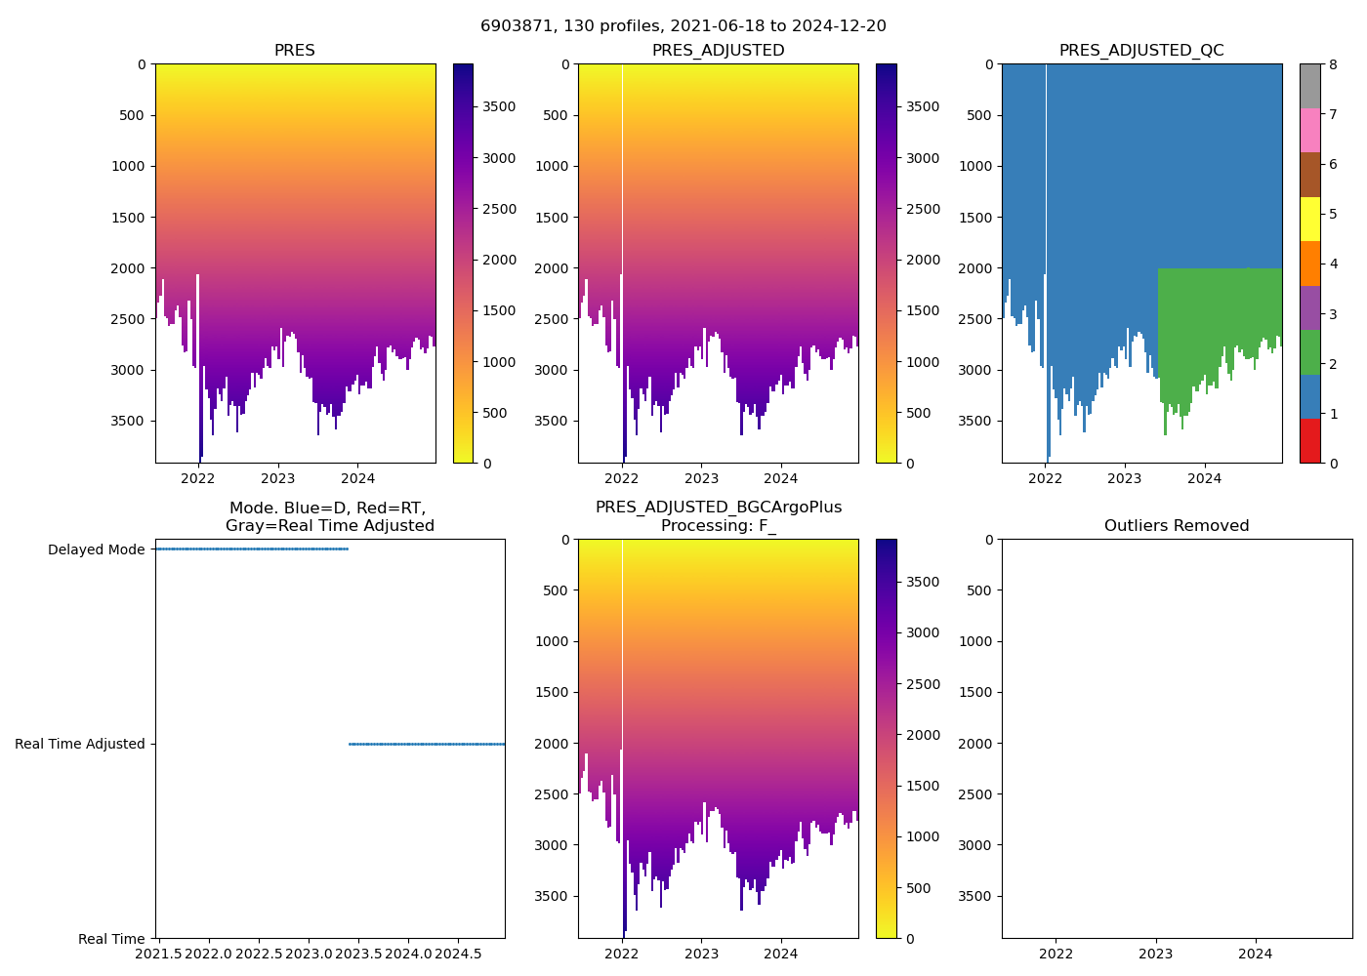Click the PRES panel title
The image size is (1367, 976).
click(294, 51)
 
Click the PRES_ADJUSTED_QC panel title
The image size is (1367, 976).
click(1141, 51)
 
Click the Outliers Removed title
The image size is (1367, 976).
click(1177, 526)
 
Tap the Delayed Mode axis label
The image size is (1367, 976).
click(96, 549)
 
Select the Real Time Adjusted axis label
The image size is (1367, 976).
click(80, 744)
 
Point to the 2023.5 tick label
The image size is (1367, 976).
click(358, 953)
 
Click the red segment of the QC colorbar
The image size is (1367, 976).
click(1309, 440)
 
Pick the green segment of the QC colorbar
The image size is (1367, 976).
click(1309, 351)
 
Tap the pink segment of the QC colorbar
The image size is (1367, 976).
click(1309, 130)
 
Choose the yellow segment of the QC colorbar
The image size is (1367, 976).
click(1309, 219)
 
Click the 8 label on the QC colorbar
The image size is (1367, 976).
click(1331, 64)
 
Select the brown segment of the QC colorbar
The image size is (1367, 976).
click(1309, 174)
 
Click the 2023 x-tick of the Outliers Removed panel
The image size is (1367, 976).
click(1156, 953)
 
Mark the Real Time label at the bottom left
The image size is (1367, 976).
click(111, 939)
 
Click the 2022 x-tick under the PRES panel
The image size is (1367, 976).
click(198, 478)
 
